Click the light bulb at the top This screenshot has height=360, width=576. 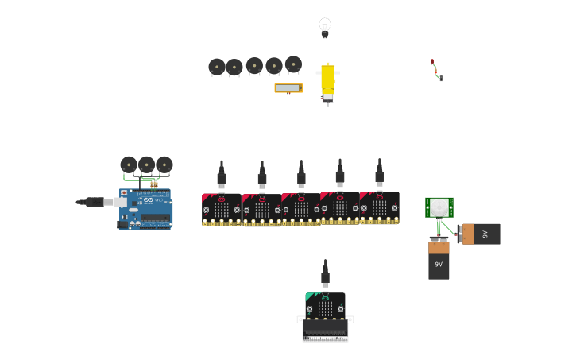click(325, 27)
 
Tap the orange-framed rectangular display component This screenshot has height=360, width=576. click(288, 88)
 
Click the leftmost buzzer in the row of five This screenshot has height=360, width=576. click(217, 68)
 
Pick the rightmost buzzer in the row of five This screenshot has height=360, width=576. click(293, 64)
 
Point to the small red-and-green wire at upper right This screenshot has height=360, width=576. click(436, 70)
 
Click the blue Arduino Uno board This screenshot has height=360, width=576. click(147, 208)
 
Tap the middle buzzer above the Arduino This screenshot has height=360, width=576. click(146, 165)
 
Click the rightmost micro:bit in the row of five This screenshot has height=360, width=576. click(380, 207)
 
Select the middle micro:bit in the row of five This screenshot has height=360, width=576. click(301, 209)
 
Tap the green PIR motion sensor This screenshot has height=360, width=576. click(439, 207)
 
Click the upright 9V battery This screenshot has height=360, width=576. click(439, 260)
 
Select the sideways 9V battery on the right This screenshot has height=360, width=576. click(481, 234)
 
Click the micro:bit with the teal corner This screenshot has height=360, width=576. click(325, 306)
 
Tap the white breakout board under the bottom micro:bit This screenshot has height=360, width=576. click(325, 331)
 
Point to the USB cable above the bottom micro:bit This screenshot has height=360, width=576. click(325, 274)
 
